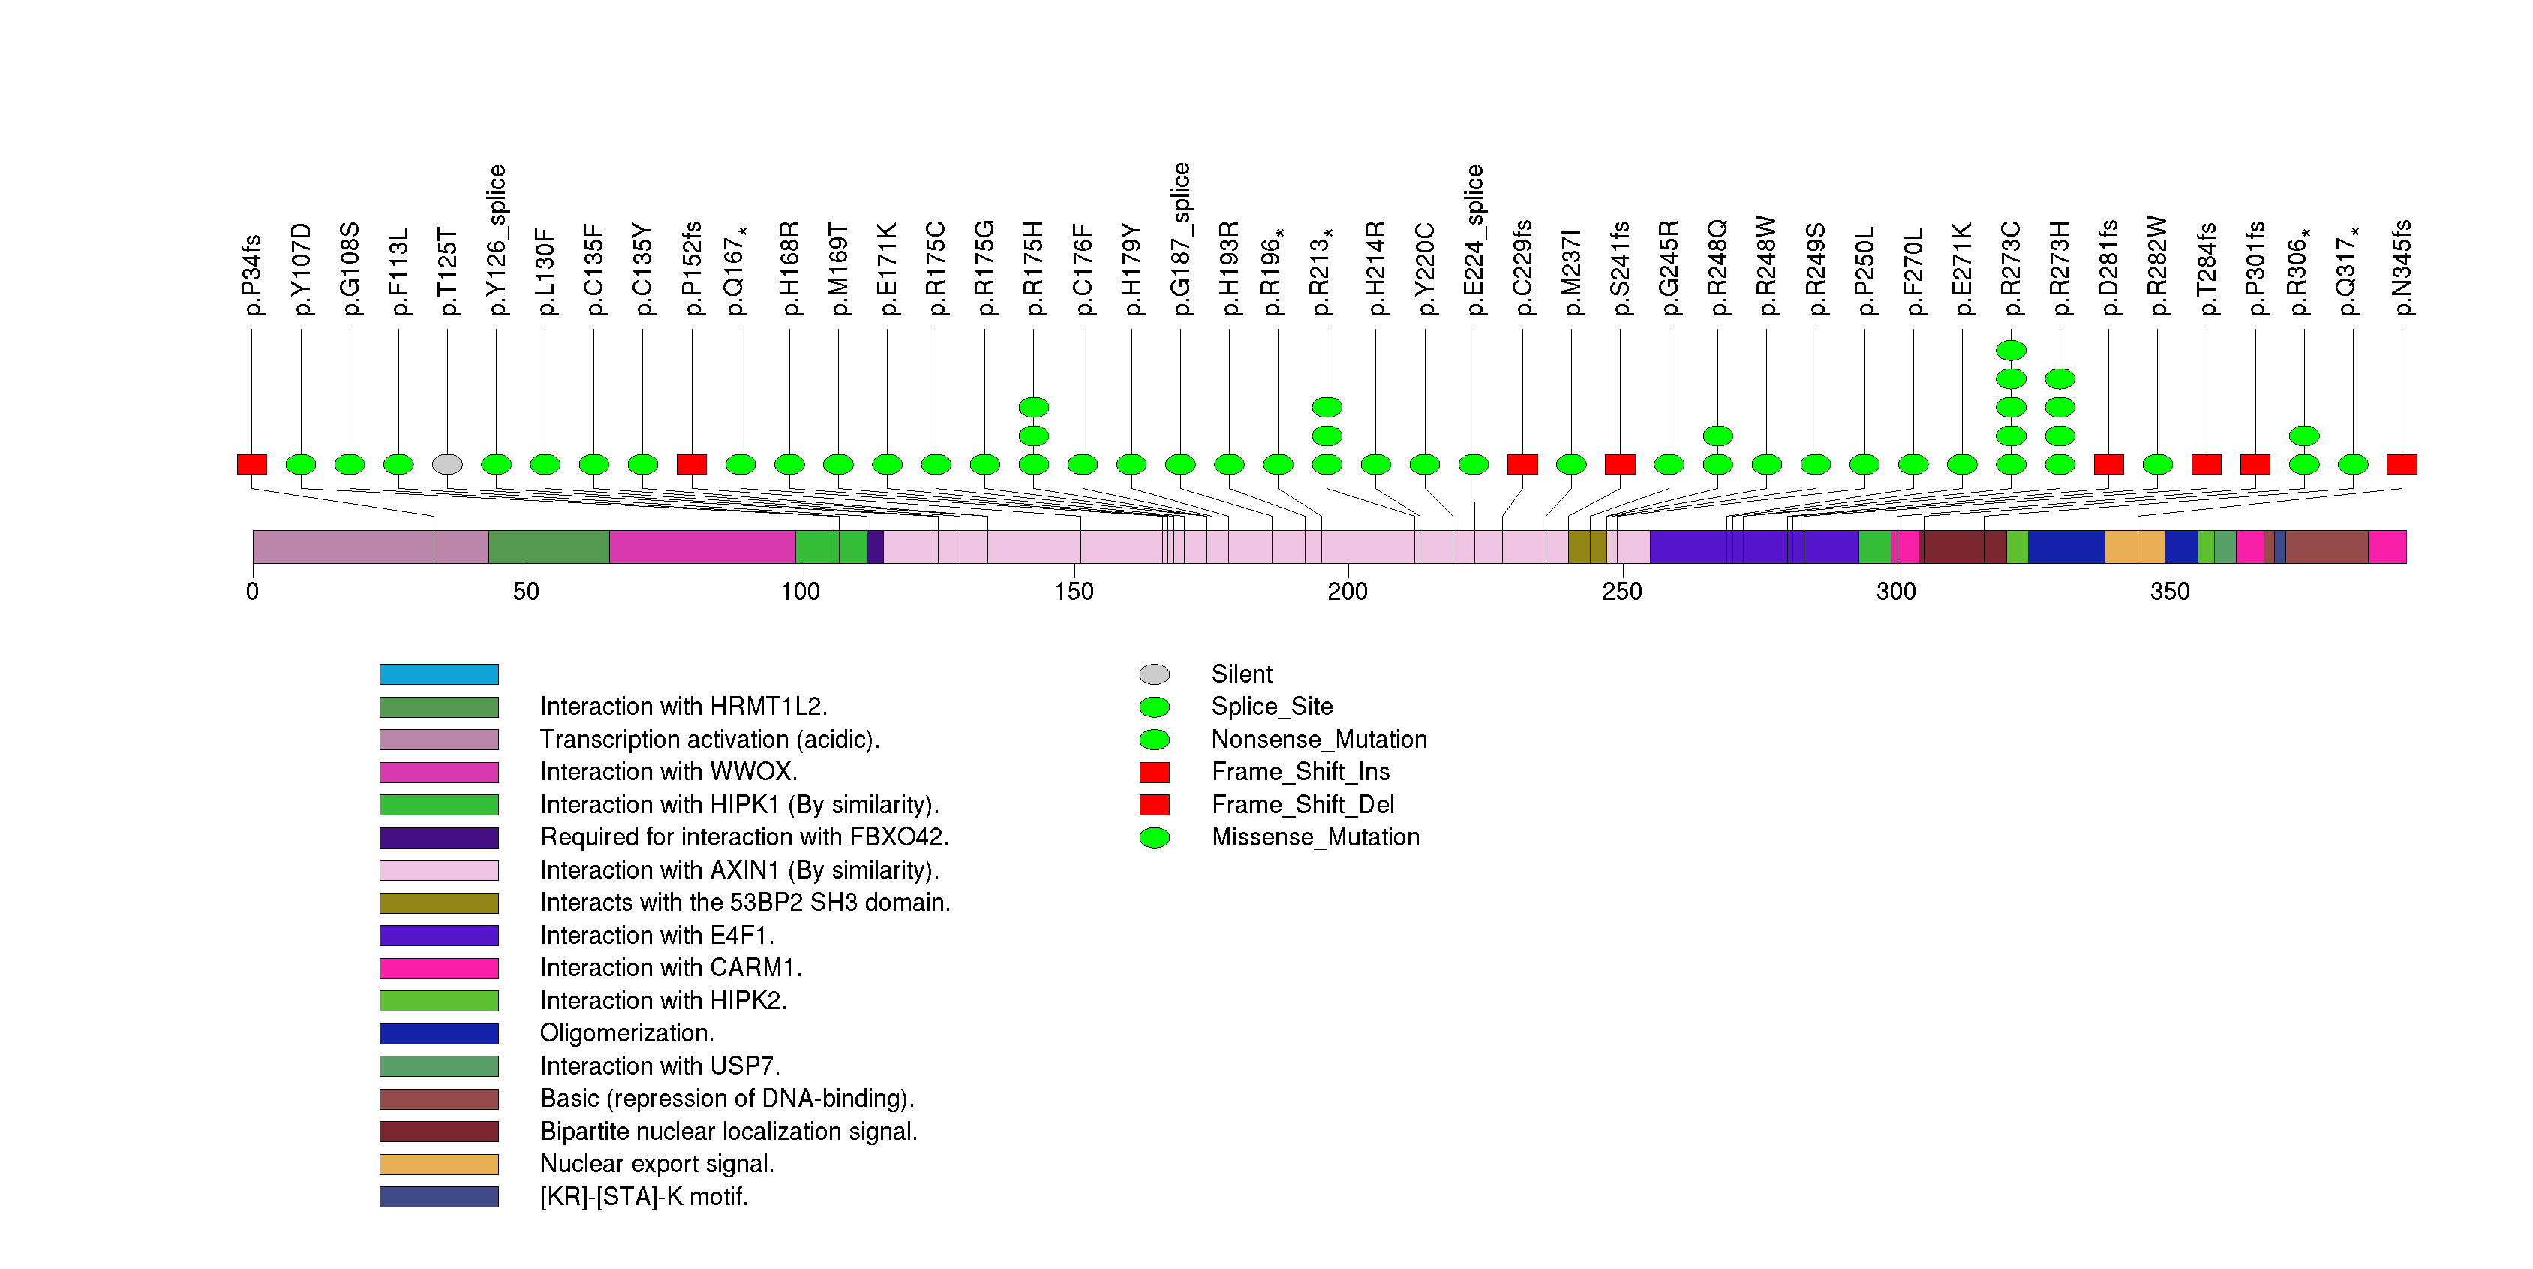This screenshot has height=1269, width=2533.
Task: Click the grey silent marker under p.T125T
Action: click(447, 464)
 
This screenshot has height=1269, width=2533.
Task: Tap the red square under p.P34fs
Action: click(252, 464)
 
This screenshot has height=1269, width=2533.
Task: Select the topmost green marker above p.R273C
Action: click(2011, 350)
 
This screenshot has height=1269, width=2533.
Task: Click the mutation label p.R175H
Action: click(1033, 267)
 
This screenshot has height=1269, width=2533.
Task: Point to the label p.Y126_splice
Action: click(497, 240)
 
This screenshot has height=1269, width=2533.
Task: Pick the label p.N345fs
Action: click(2402, 267)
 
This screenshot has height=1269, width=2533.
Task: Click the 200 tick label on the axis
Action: click(1347, 591)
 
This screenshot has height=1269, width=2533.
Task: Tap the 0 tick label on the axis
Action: click(253, 591)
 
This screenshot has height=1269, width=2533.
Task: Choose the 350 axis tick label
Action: click(2169, 591)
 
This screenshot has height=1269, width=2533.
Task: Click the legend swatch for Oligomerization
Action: click(439, 1034)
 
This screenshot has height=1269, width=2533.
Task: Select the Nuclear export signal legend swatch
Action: click(439, 1165)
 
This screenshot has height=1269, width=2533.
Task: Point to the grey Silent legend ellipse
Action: click(1155, 674)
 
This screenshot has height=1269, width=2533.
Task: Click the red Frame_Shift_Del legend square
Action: click(1155, 805)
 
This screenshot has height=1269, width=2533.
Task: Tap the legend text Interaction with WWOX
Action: click(669, 772)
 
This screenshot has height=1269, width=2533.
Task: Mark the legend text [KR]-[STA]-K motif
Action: click(644, 1197)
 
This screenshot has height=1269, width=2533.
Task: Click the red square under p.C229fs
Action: click(1522, 464)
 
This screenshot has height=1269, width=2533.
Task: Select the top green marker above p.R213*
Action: click(1327, 407)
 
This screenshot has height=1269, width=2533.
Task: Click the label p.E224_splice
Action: click(1474, 240)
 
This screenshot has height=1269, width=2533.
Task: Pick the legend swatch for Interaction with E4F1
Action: click(439, 936)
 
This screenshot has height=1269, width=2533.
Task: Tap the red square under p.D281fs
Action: click(2108, 464)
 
